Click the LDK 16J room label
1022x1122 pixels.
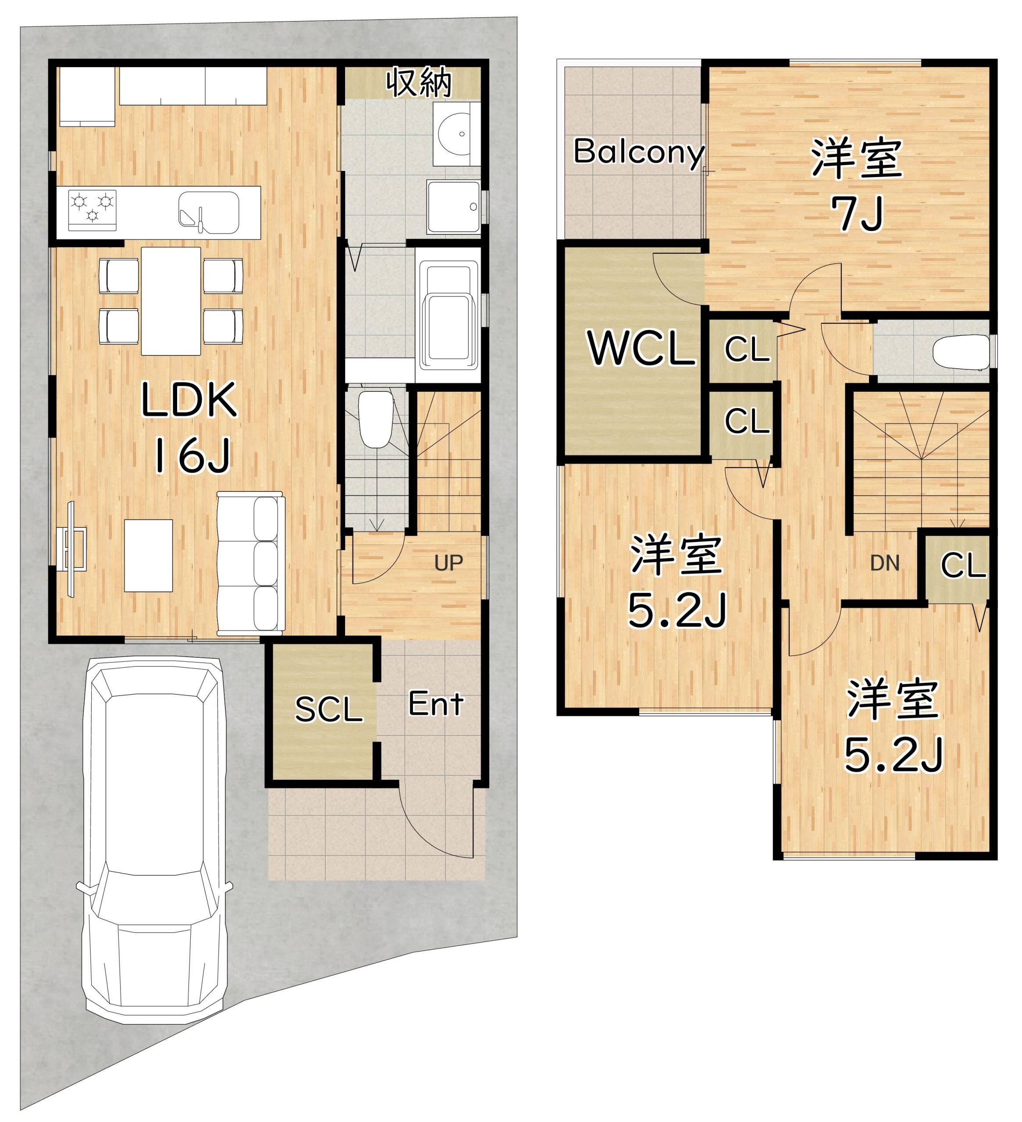(x=189, y=427)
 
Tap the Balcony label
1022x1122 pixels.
(x=639, y=152)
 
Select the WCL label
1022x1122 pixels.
(x=642, y=348)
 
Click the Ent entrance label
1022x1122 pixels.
(x=436, y=704)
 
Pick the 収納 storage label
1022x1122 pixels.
(x=419, y=82)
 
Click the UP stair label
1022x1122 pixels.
(x=449, y=563)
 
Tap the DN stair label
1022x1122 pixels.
(x=884, y=564)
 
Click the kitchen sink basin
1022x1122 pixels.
(x=209, y=213)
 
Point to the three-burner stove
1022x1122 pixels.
(x=93, y=209)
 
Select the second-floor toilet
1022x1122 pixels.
(x=961, y=352)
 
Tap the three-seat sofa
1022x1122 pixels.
(x=250, y=563)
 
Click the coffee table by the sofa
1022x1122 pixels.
(x=148, y=555)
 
